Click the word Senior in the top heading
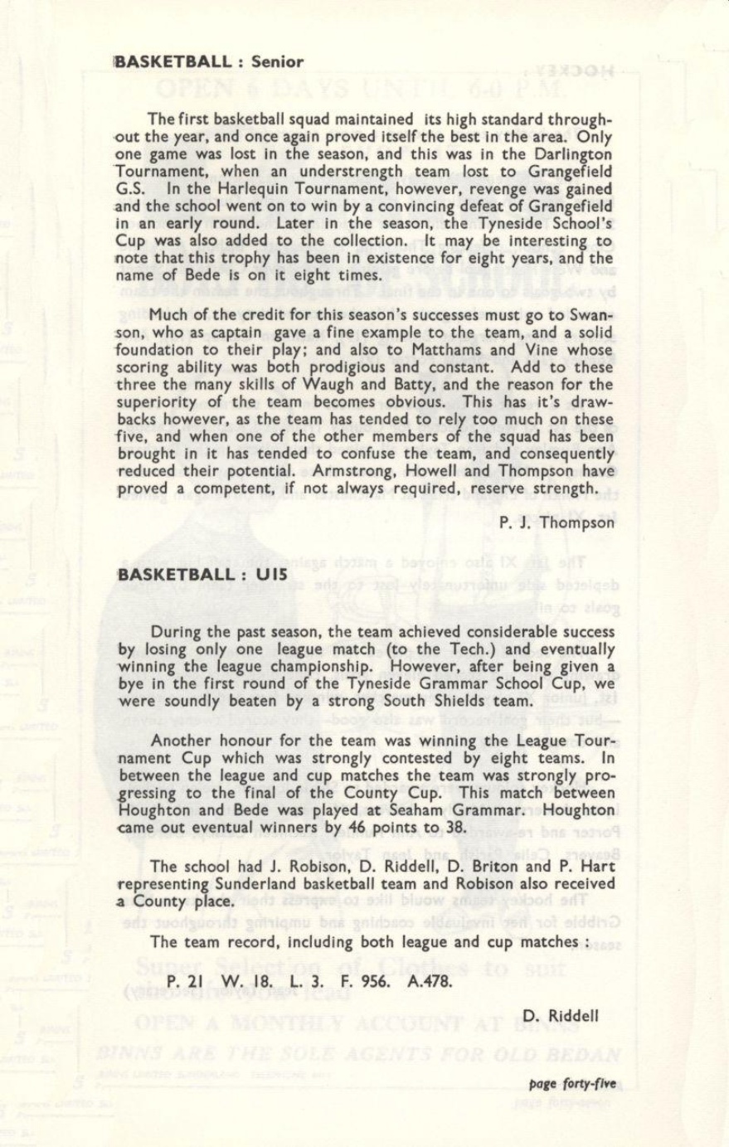[277, 61]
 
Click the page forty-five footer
[572, 1083]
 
